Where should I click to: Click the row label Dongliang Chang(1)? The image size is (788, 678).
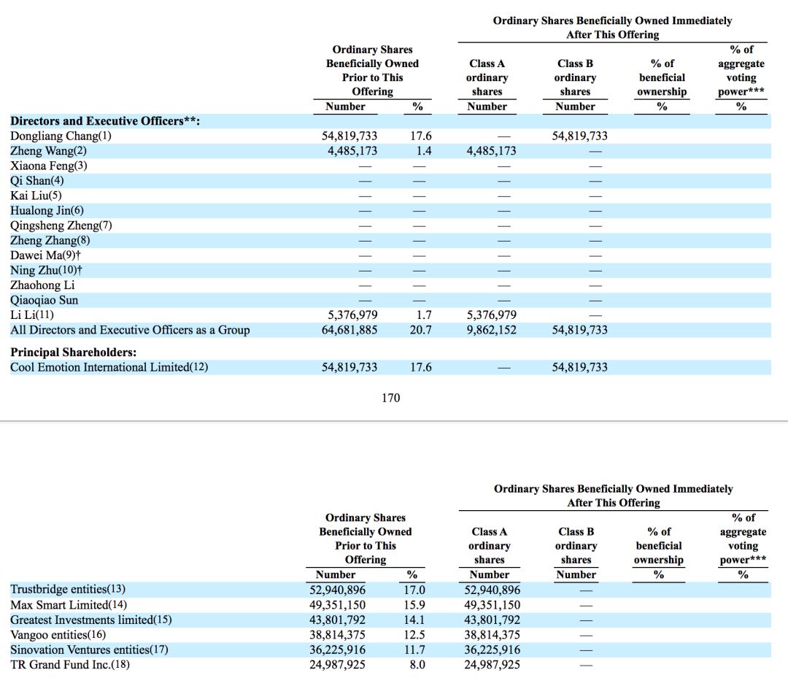coord(61,136)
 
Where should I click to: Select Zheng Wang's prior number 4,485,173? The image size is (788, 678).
coord(352,151)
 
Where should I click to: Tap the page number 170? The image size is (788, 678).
coord(391,398)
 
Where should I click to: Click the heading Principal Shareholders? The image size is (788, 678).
coord(74,353)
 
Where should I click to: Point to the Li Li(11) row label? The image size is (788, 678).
coord(31,315)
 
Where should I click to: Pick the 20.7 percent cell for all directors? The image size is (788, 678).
coord(421,330)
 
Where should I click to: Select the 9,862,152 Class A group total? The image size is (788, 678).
coord(492,330)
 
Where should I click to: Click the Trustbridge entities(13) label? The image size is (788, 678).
coord(68,589)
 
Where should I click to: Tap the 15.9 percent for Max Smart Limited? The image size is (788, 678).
coord(414,605)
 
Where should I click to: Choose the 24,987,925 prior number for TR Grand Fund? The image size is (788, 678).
coord(337,665)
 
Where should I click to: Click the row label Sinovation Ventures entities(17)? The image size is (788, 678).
coord(89,650)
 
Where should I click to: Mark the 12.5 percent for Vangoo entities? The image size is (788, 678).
coord(414,635)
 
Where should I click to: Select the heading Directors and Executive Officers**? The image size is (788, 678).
coord(105,121)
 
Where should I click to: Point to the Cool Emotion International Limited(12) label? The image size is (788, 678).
coord(109,367)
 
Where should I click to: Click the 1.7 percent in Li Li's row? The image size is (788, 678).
coord(424,315)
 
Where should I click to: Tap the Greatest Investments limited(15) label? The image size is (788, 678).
coord(91,620)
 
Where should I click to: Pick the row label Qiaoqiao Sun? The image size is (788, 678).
coord(45,301)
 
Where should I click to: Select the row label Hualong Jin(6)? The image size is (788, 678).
coord(47,211)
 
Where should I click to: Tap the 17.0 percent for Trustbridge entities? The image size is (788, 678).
coord(414,590)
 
